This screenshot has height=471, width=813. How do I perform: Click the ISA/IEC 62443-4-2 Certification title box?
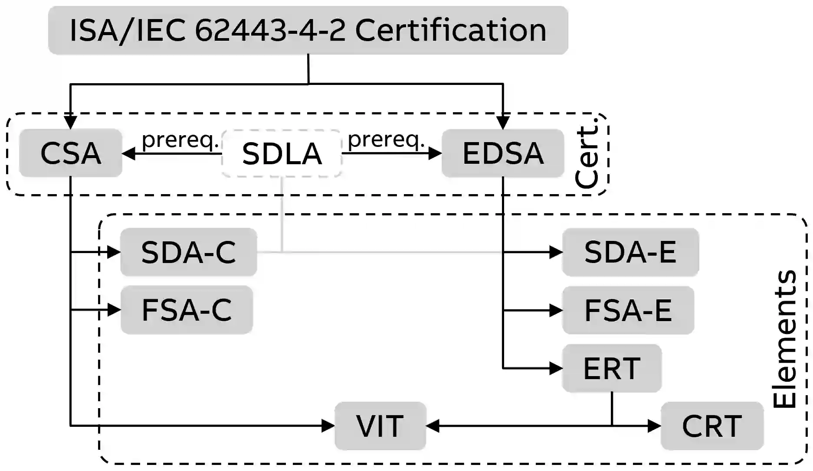click(x=308, y=30)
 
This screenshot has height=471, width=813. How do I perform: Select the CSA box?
click(x=71, y=153)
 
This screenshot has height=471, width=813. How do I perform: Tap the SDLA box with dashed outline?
click(x=282, y=153)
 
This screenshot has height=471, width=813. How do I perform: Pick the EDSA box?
click(x=503, y=153)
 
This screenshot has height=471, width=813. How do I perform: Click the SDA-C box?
click(x=188, y=252)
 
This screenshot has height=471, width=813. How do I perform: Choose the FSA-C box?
click(x=187, y=310)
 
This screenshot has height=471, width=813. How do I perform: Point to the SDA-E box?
click(x=630, y=252)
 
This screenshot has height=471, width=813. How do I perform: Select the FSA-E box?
click(x=628, y=310)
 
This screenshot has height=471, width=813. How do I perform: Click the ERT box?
click(x=612, y=368)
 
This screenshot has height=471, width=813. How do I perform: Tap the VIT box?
click(x=380, y=426)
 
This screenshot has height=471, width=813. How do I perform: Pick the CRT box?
click(x=712, y=426)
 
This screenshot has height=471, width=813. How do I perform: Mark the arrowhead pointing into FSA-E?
click(x=556, y=310)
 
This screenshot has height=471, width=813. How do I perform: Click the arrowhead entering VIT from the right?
click(x=433, y=426)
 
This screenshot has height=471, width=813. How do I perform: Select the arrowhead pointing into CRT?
click(x=655, y=426)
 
